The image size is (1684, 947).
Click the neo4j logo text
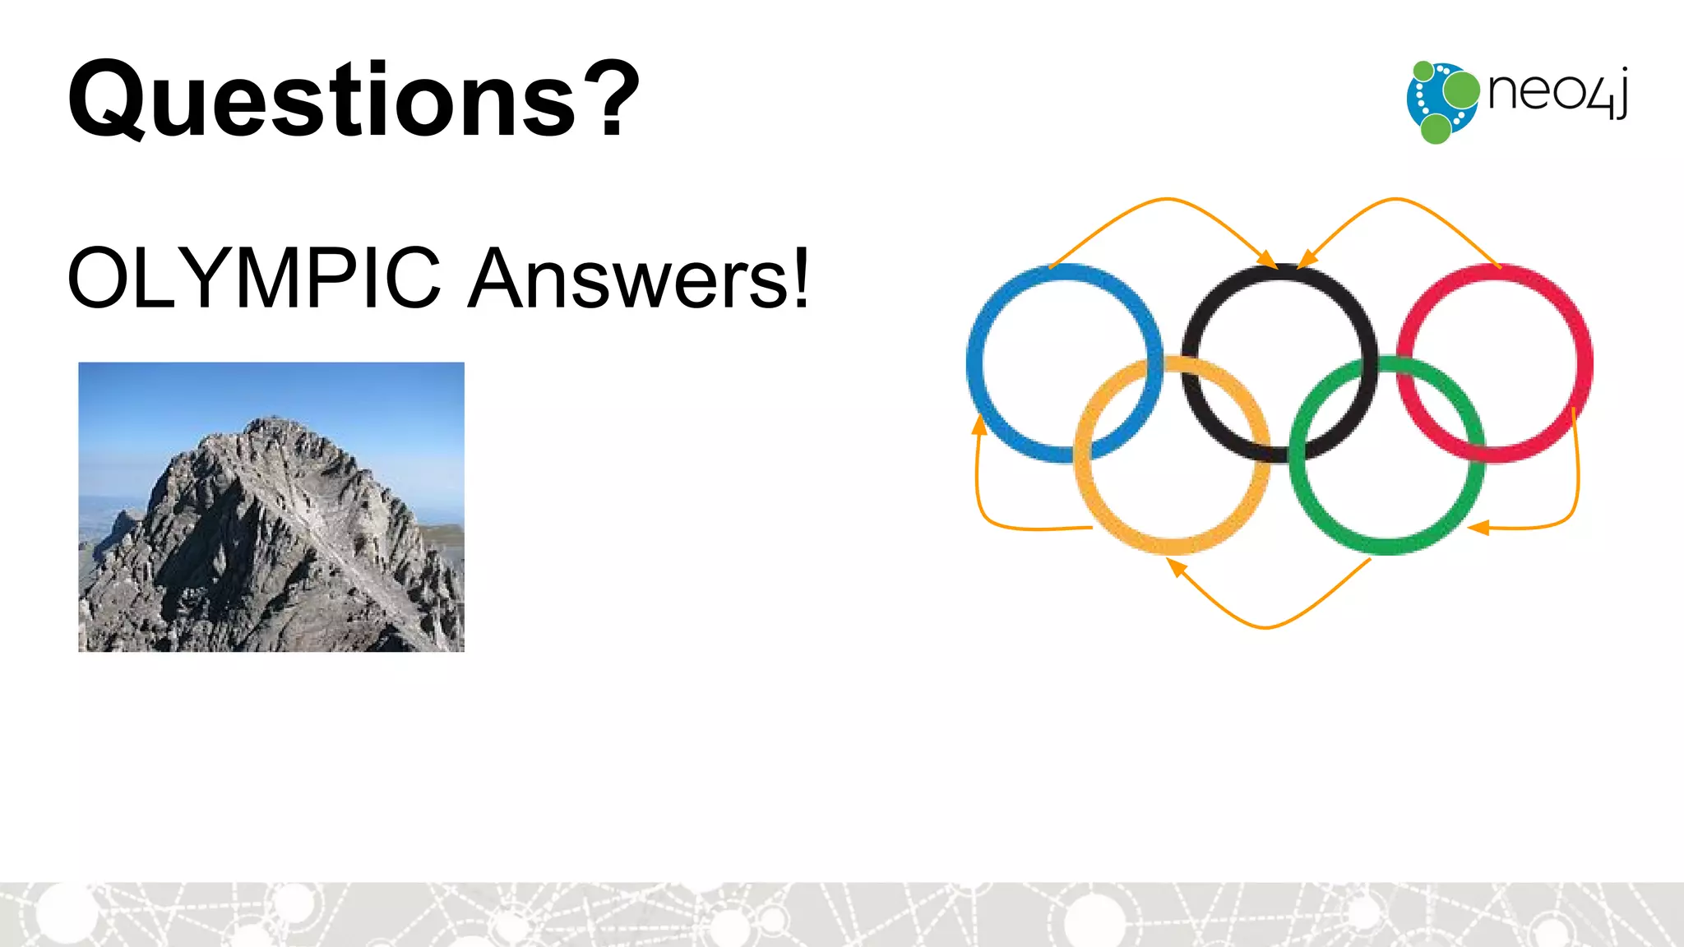[x=1557, y=92]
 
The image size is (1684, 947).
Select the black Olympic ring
[x=1279, y=276]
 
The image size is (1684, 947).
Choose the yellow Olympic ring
[x=1173, y=544]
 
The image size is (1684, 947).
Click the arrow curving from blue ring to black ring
[x=1168, y=199]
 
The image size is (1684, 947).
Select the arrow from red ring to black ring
[x=1395, y=199]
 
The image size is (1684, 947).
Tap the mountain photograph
[x=271, y=507]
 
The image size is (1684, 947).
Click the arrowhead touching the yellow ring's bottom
[x=1177, y=566]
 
